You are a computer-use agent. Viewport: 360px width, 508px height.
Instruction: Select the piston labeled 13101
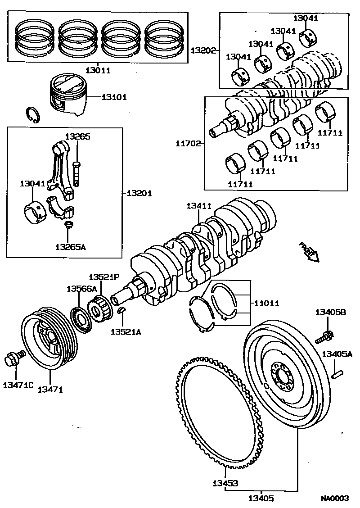tap(67, 96)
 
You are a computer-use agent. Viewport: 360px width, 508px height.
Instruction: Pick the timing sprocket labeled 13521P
tap(100, 308)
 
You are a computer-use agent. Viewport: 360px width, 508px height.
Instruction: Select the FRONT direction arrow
tap(309, 252)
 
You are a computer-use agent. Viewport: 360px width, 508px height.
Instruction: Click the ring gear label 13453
tap(225, 484)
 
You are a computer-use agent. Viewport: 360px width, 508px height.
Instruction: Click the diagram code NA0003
tap(334, 498)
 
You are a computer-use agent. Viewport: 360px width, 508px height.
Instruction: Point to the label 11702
tap(188, 144)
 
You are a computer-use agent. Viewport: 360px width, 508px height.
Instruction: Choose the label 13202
tap(203, 51)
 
